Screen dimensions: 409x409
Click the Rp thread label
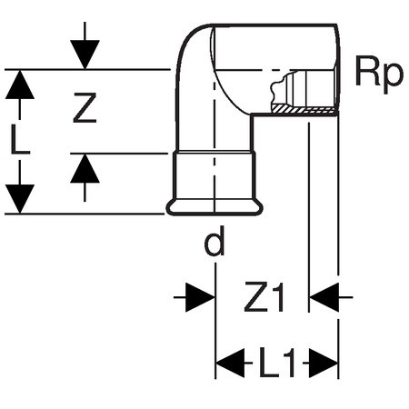[379, 75]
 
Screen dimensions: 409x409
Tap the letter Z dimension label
[85, 107]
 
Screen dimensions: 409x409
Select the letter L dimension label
[20, 139]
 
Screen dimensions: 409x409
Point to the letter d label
[214, 241]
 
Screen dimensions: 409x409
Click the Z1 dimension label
[264, 297]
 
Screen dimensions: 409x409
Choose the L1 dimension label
[277, 363]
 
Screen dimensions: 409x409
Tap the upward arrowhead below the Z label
[85, 168]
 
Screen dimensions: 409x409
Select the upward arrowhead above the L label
[20, 85]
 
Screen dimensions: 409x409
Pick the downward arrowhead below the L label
[20, 199]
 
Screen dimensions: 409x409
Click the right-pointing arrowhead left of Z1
[200, 297]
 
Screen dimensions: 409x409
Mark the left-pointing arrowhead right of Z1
[324, 297]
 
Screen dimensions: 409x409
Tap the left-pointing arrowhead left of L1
[230, 363]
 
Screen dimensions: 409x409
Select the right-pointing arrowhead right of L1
[324, 363]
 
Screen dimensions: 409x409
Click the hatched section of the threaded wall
[304, 110]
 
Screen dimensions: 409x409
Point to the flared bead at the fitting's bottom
[214, 207]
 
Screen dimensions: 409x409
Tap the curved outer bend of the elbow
[185, 47]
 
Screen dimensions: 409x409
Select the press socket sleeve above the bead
[214, 175]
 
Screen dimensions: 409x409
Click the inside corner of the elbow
[252, 115]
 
